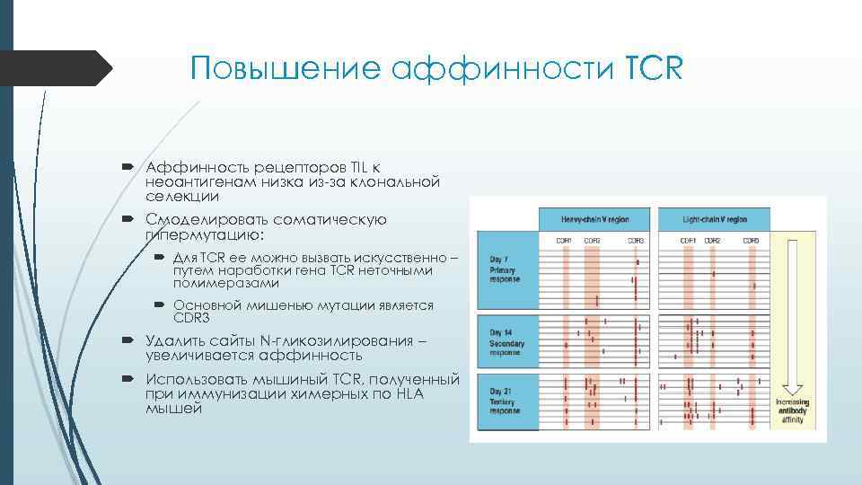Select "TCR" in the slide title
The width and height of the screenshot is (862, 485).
[652, 69]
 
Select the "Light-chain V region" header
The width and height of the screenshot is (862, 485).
[714, 218]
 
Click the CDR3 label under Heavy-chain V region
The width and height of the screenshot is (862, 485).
[635, 241]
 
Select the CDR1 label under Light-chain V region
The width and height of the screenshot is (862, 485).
[688, 241]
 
